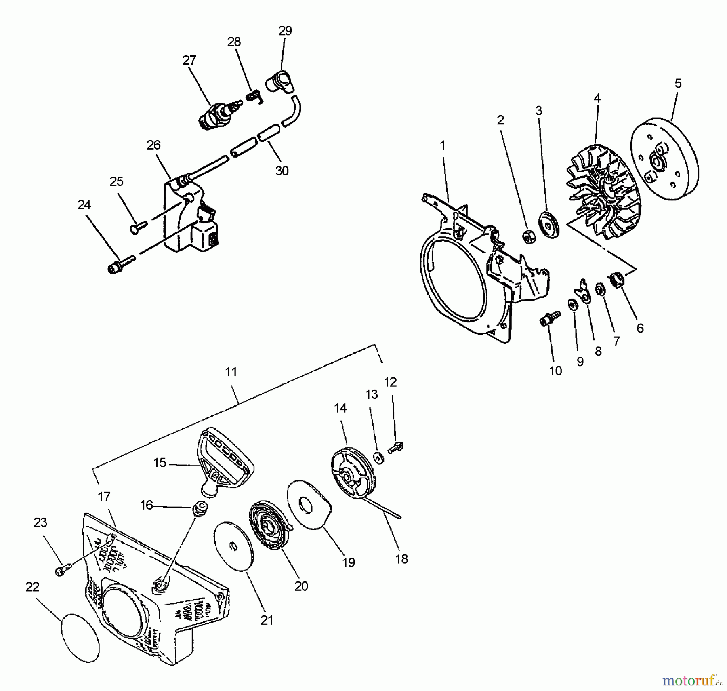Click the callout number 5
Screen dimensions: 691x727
coord(678,84)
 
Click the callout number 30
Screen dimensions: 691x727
coord(282,171)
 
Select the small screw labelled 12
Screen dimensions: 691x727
coord(396,447)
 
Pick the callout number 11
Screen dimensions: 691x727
coord(231,372)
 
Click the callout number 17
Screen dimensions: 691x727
coord(104,496)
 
